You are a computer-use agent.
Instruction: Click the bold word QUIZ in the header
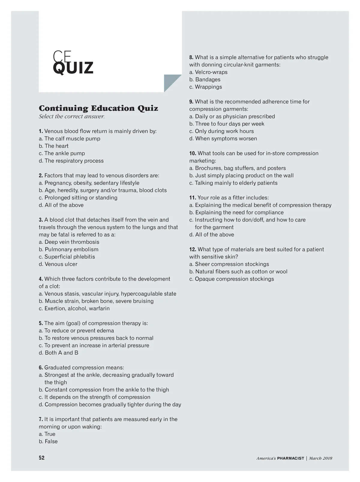(x=73, y=68)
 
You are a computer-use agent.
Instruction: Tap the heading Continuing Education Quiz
(x=98, y=108)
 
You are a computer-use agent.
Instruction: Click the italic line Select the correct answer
(x=72, y=116)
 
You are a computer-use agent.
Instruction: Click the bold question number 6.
(x=41, y=368)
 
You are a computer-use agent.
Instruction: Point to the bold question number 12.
(x=193, y=249)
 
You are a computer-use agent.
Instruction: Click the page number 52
(x=42, y=458)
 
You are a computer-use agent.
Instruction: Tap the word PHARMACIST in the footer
(x=290, y=458)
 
